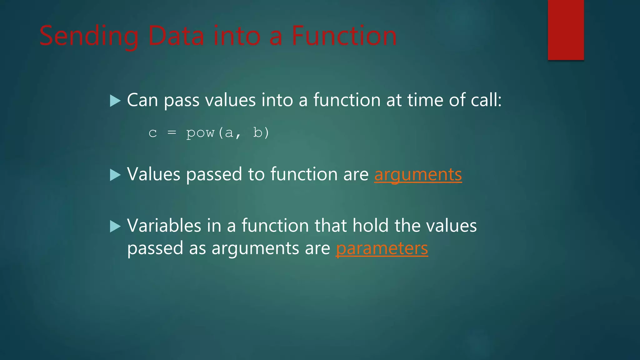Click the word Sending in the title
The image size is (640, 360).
point(89,36)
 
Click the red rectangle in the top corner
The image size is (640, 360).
point(566,30)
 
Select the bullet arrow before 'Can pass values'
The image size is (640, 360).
point(115,101)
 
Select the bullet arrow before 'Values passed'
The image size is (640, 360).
point(115,175)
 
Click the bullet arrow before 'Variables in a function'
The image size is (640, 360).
point(115,226)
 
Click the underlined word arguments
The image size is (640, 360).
point(418,174)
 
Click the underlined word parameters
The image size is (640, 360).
point(382,248)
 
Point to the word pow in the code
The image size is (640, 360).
point(200,133)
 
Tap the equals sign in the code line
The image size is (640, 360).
point(172,133)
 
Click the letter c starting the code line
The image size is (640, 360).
point(152,133)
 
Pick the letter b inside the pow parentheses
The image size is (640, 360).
point(257,132)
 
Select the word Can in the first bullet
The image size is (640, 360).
point(142,100)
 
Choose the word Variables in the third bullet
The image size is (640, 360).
point(164,226)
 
